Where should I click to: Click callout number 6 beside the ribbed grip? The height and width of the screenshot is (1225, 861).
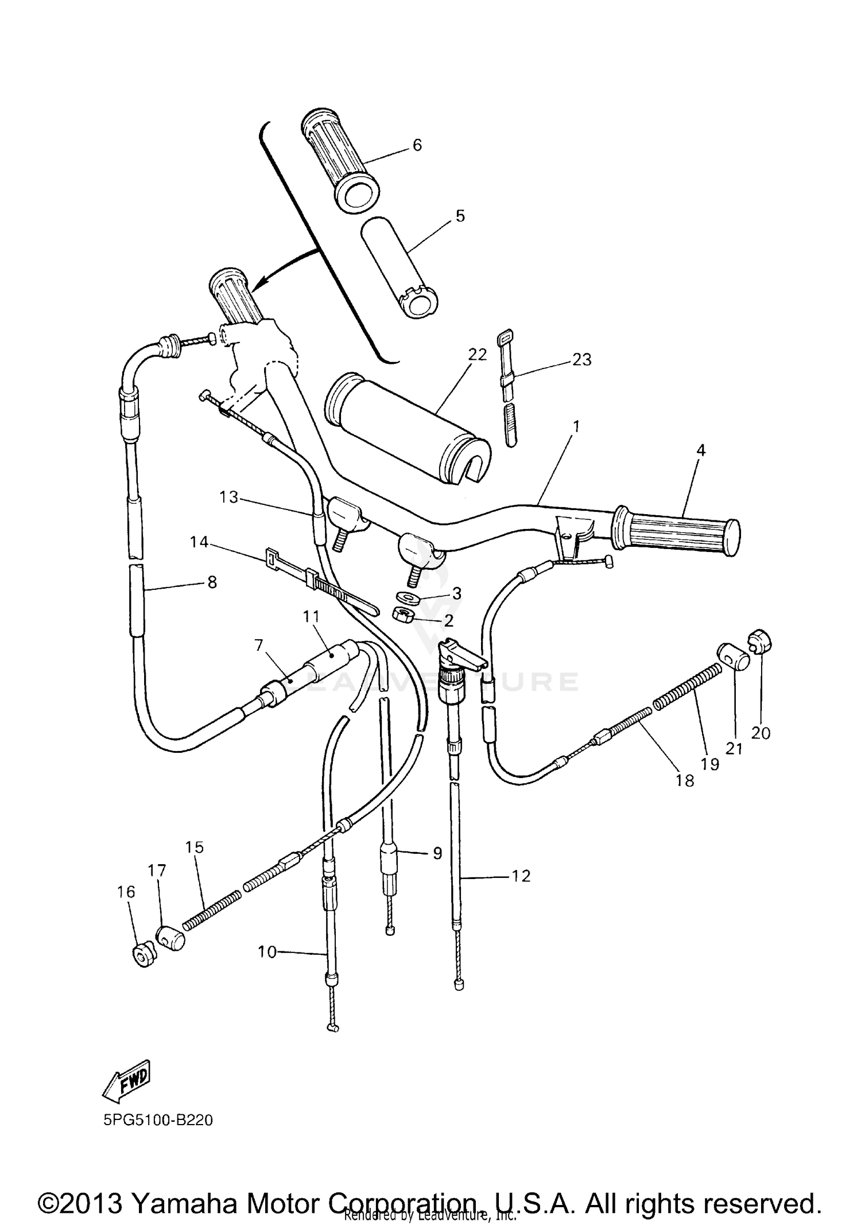(417, 145)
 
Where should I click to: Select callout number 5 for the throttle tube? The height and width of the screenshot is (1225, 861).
(460, 216)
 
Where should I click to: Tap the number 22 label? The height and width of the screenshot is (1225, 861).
(477, 355)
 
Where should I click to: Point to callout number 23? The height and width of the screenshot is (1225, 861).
(581, 360)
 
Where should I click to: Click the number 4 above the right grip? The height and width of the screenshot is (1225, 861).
(700, 450)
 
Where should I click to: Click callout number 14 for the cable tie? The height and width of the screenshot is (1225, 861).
(199, 542)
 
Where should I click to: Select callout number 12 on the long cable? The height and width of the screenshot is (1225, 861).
(521, 876)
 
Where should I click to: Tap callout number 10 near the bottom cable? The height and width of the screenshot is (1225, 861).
(267, 952)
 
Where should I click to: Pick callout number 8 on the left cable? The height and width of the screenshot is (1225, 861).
(212, 582)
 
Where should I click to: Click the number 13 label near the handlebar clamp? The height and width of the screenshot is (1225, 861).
(228, 497)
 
